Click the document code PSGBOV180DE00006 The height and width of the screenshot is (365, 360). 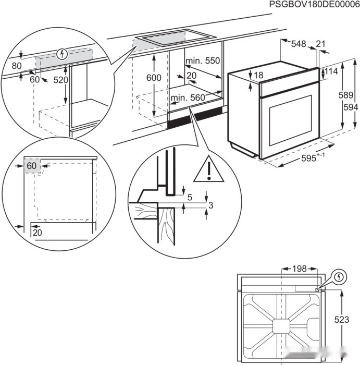(314, 5)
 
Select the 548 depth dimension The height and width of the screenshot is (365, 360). (299, 44)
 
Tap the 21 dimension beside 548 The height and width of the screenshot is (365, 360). (320, 44)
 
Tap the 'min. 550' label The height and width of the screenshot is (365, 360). (203, 61)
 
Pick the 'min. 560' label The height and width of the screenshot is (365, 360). (188, 98)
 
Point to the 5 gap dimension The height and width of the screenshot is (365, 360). (189, 198)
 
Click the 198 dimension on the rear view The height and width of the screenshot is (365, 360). (299, 269)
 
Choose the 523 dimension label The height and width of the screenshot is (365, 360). (342, 320)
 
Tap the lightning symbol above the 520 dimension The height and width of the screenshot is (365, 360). (62, 53)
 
